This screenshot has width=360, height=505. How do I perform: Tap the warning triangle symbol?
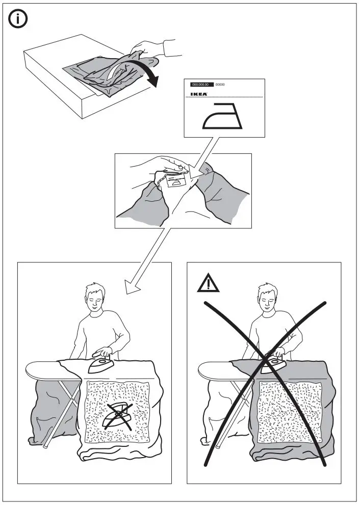click(x=208, y=283)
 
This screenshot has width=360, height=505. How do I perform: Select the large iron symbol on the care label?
click(x=224, y=117)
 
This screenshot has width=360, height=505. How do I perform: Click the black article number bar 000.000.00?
click(x=201, y=85)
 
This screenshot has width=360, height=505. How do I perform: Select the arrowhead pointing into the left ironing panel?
click(x=133, y=288)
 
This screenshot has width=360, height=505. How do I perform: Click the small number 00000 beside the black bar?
click(x=220, y=85)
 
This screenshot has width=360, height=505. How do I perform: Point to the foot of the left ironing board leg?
click(x=46, y=445)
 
